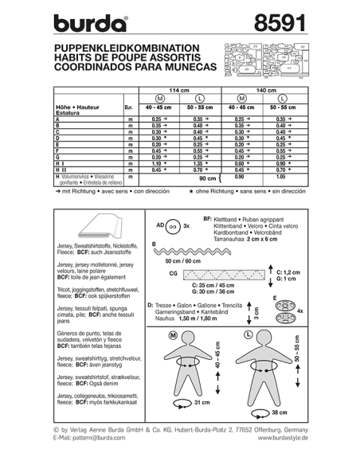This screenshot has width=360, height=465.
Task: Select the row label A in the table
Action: tap(57, 118)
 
